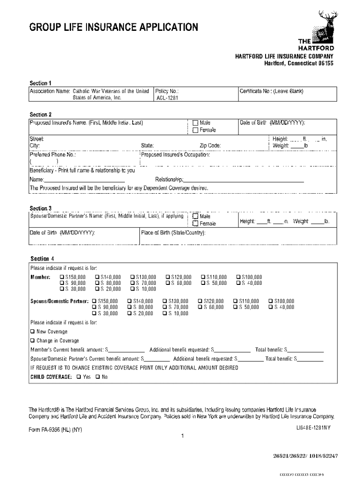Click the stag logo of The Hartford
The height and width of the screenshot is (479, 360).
click(x=324, y=26)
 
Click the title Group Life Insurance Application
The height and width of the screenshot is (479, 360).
click(x=114, y=27)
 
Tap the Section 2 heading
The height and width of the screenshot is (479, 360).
click(x=41, y=115)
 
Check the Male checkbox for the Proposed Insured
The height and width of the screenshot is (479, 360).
click(x=195, y=123)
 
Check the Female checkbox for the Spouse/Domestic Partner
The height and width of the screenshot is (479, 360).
click(x=195, y=224)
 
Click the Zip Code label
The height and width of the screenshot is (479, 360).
click(x=210, y=145)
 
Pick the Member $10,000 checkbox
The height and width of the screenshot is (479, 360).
click(x=132, y=289)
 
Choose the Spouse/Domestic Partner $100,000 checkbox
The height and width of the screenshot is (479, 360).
click(x=270, y=301)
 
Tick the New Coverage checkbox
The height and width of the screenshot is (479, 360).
click(x=33, y=332)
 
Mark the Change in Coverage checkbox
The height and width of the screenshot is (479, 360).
click(x=33, y=341)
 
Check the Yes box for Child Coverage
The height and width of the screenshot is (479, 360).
click(x=79, y=377)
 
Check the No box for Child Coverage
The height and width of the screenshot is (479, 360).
click(x=98, y=377)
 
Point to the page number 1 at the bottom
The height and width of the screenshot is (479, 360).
click(x=183, y=436)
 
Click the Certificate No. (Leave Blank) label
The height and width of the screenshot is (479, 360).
click(x=272, y=91)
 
